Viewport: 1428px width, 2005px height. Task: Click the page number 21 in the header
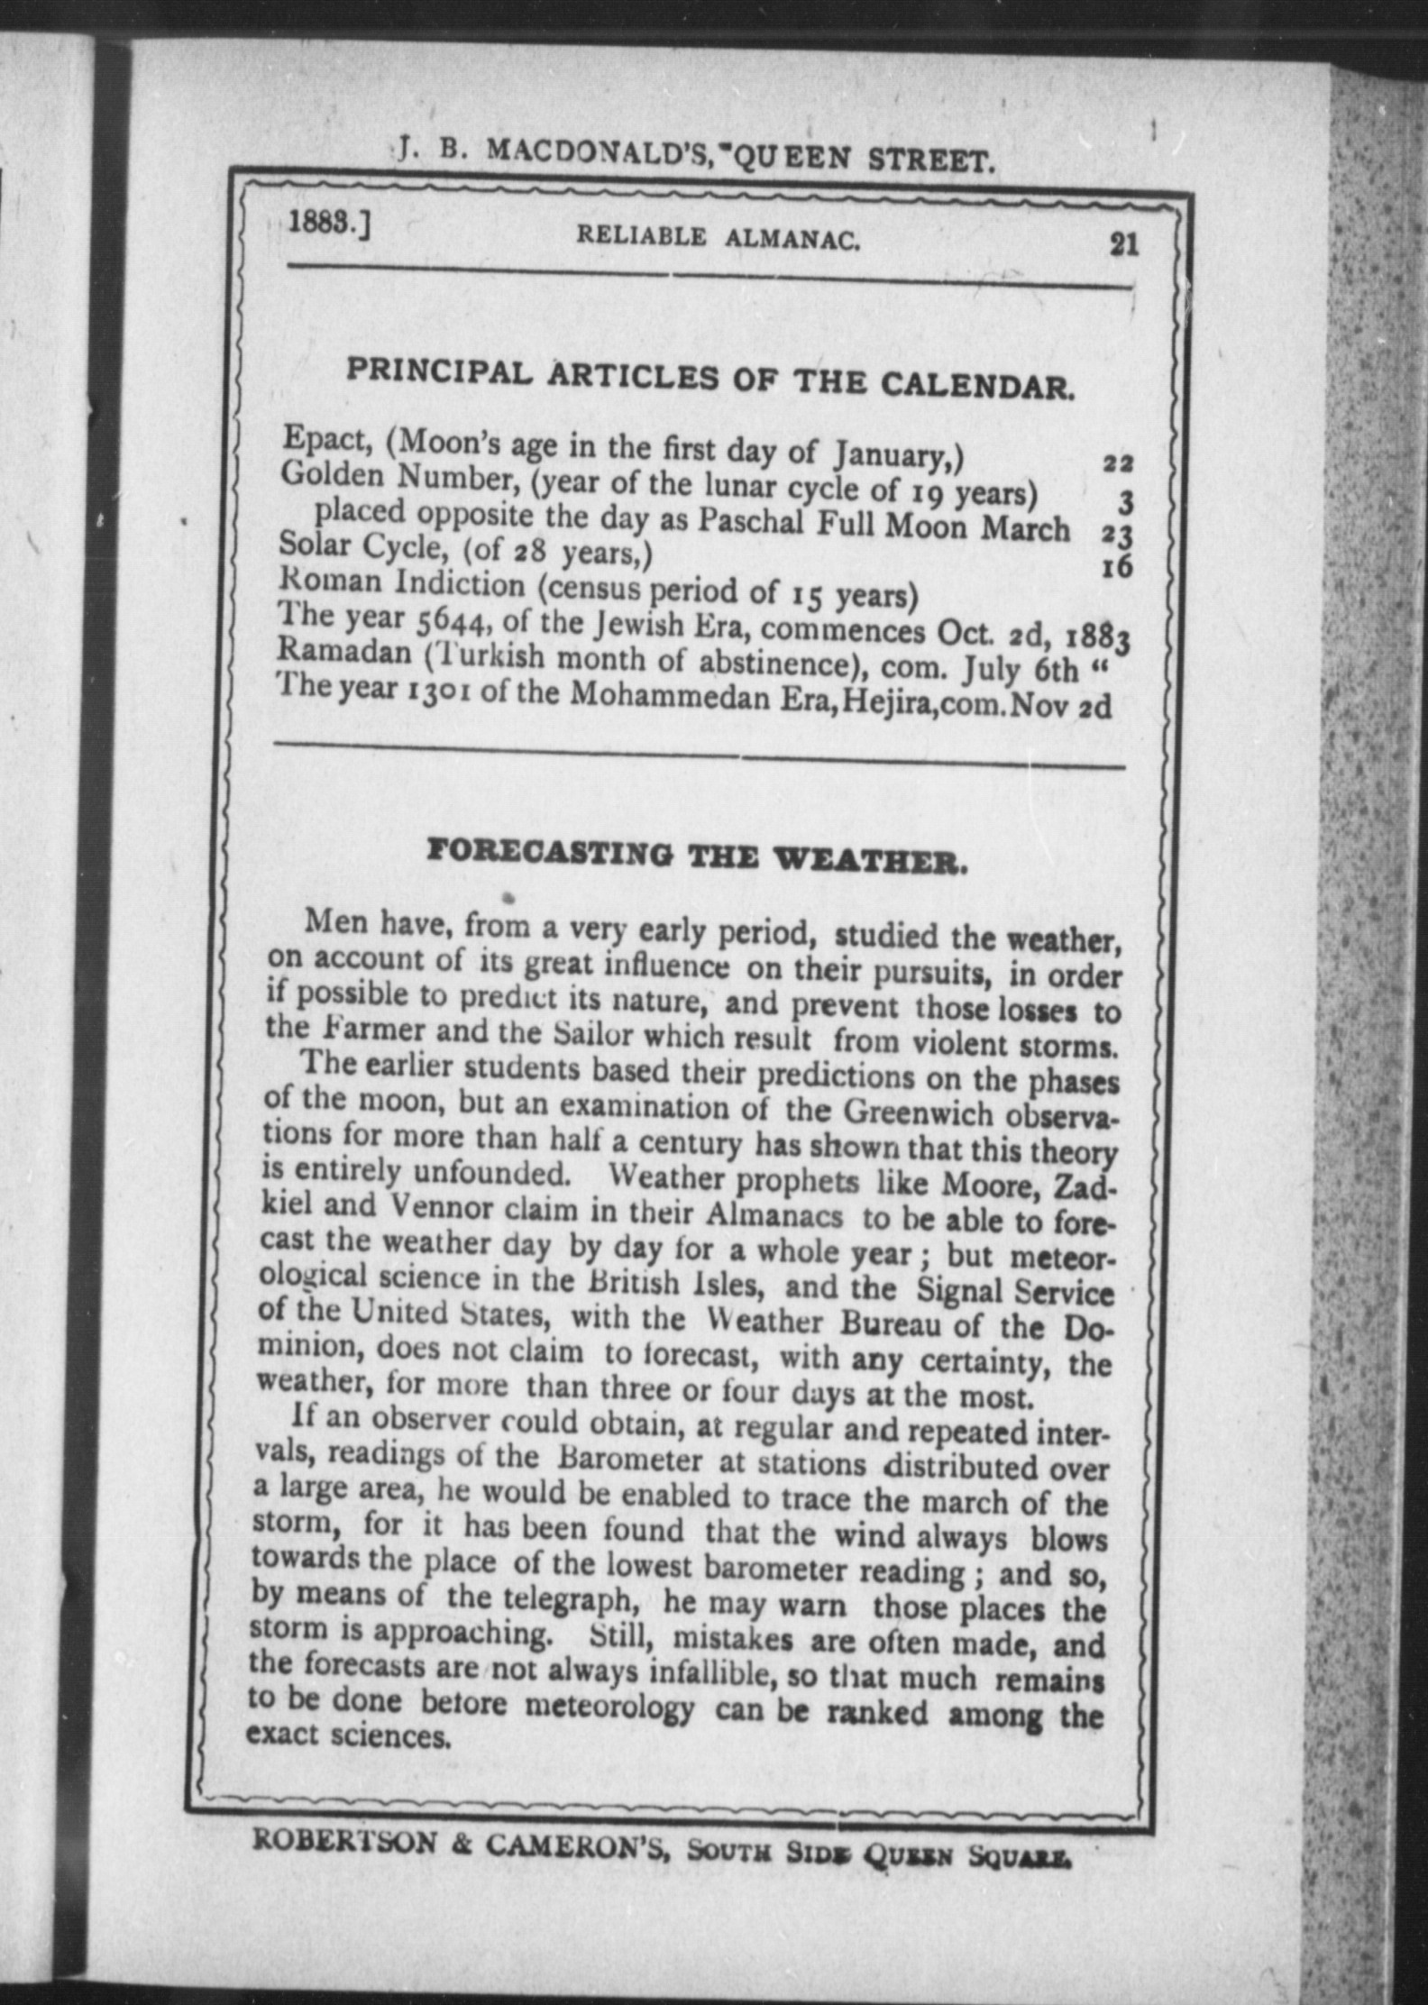point(1124,244)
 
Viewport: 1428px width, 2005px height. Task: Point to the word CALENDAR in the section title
point(977,386)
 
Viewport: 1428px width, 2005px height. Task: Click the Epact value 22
point(1118,464)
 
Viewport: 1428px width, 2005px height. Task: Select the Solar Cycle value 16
point(1118,567)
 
